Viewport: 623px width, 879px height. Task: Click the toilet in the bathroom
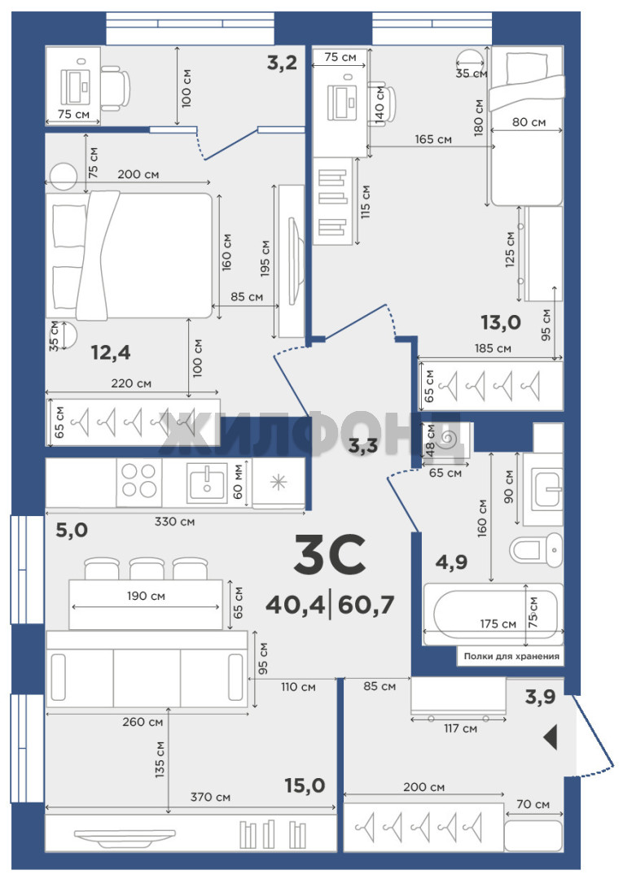[x=536, y=549]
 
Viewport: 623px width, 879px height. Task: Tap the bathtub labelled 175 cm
[x=494, y=614]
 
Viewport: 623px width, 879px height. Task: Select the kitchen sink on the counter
[x=207, y=482]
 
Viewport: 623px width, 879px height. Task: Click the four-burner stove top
[x=139, y=482]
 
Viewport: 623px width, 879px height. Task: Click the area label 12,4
[x=111, y=352]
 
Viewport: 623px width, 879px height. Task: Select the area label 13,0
[x=501, y=322]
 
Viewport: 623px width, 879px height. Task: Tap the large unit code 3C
[x=330, y=554]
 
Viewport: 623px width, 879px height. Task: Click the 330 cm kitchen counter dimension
[x=174, y=522]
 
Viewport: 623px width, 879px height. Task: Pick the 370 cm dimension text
[x=210, y=797]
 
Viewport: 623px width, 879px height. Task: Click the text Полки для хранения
[x=511, y=656]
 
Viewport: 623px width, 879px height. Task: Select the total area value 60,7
[x=366, y=605]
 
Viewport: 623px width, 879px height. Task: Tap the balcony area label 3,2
[x=282, y=63]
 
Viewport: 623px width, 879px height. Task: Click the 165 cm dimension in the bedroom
[x=433, y=139]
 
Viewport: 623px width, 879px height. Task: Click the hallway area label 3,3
[x=363, y=446]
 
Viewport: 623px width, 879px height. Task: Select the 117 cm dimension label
[x=460, y=728]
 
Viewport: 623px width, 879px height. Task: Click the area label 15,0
[x=305, y=786]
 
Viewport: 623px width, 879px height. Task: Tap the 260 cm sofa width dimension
[x=143, y=722]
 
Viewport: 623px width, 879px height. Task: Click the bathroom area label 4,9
[x=451, y=561]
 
